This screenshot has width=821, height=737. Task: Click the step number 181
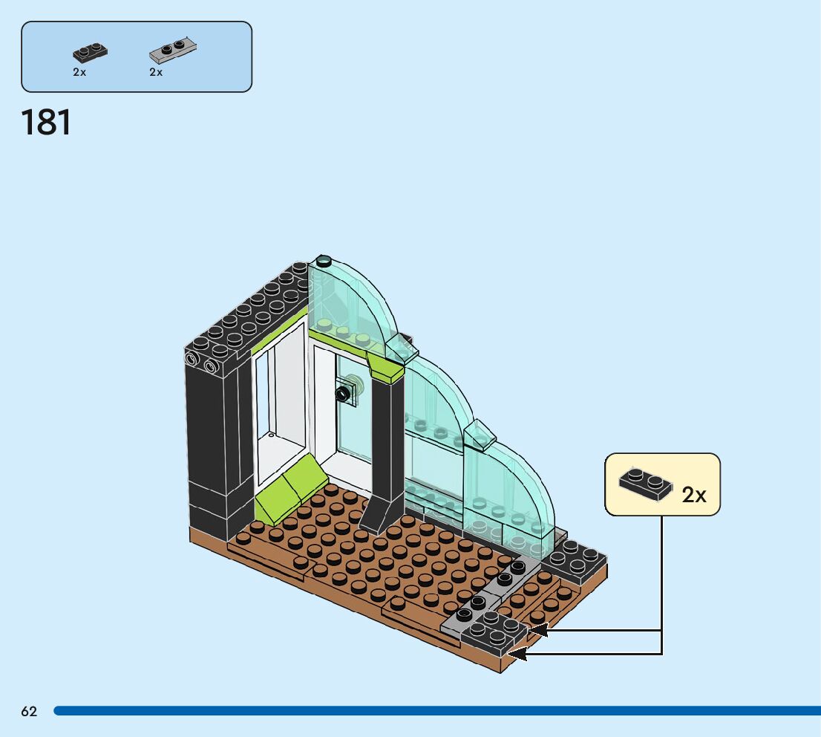47,123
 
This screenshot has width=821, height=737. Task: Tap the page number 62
29,712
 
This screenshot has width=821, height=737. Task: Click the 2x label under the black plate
79,72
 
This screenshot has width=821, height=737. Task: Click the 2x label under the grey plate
156,72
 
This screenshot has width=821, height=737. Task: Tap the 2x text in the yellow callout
694,496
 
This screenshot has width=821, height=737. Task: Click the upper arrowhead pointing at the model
537,630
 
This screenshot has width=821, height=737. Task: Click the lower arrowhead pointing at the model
517,654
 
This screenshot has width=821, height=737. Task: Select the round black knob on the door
343,394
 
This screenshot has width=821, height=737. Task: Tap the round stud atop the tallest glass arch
324,261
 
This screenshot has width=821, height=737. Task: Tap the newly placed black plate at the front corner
494,632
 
